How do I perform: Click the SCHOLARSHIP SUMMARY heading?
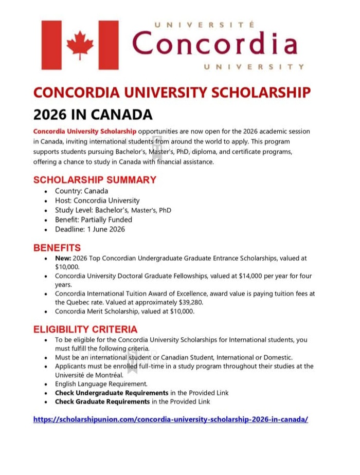[95, 180]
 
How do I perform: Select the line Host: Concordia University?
[97, 200]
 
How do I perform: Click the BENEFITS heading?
[57, 248]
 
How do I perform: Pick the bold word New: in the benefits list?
[63, 258]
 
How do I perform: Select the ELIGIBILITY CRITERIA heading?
[85, 329]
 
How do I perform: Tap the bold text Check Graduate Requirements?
[102, 401]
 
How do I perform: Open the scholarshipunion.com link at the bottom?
[171, 419]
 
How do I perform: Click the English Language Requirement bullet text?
[101, 383]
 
